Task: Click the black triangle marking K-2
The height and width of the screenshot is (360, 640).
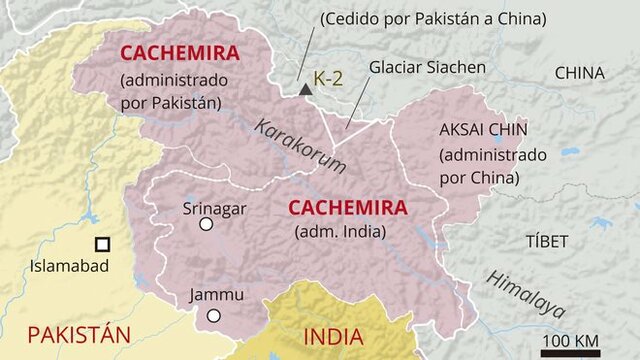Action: [305, 90]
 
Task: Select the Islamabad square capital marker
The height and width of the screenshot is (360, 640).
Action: [102, 244]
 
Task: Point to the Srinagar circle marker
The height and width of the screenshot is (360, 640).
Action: [206, 225]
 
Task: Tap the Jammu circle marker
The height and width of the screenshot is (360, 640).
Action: [213, 316]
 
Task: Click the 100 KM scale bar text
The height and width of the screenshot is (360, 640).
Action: [570, 338]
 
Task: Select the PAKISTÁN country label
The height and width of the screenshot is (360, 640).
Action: [79, 334]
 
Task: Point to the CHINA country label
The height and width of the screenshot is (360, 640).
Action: [579, 73]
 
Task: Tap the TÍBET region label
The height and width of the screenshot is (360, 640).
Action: [546, 241]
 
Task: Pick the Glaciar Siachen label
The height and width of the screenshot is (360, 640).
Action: [427, 67]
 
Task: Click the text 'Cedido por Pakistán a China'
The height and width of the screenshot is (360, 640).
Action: [431, 19]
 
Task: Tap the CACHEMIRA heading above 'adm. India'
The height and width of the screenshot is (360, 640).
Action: [347, 208]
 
